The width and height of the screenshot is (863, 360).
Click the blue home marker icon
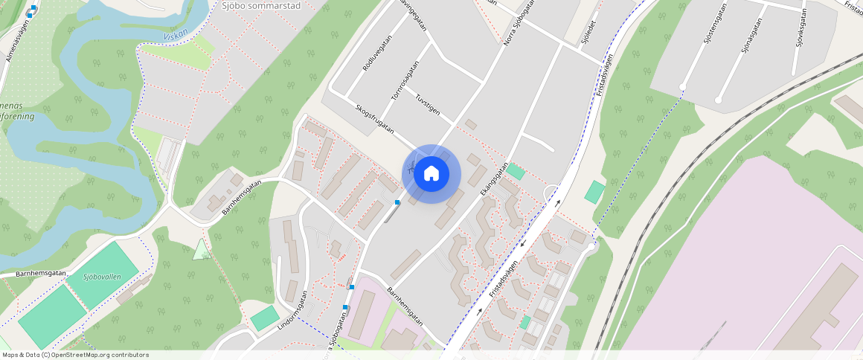[431, 174]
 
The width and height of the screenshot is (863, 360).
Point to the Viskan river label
[176, 34]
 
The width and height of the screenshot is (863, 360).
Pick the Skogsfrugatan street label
[375, 118]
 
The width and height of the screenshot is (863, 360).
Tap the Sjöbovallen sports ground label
[102, 277]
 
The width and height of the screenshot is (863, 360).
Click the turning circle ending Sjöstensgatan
[682, 88]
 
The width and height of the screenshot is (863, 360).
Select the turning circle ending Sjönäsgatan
[718, 100]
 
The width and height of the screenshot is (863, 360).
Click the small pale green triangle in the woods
[201, 250]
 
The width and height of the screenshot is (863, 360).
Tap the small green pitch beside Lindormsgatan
[264, 318]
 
